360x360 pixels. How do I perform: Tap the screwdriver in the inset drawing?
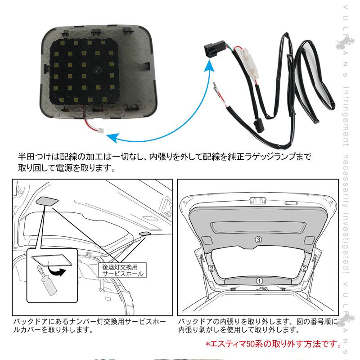(x=46, y=281)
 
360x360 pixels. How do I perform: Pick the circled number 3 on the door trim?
(x=258, y=239)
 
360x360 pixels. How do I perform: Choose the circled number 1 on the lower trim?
(x=259, y=280)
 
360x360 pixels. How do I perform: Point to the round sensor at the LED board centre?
(x=96, y=71)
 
